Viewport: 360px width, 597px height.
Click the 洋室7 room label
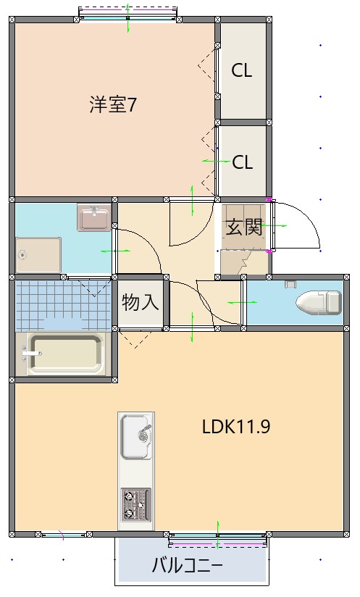114,105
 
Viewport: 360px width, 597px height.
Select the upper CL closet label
242,70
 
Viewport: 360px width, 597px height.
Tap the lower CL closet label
242,162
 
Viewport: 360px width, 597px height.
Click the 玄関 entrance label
243,227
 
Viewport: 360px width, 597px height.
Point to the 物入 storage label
141,301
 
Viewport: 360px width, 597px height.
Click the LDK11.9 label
236,426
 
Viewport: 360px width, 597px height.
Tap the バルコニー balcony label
187,564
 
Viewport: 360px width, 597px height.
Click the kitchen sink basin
135,437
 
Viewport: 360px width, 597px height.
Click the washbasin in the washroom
94,217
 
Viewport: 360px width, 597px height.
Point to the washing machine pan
39,254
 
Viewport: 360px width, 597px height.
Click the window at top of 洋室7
128,13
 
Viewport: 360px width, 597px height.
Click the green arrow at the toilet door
237,302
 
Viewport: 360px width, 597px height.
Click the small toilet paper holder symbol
291,283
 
